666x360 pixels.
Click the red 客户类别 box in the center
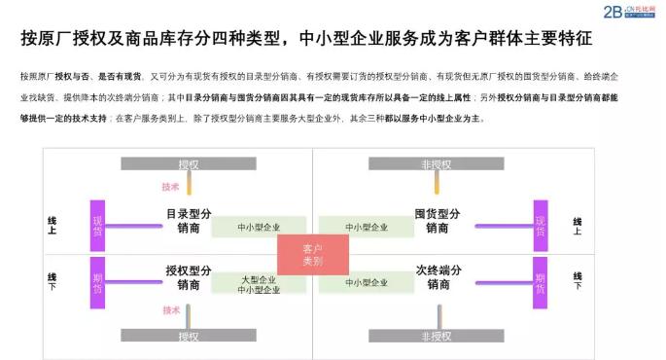(312, 255)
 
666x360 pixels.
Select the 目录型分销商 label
(189, 221)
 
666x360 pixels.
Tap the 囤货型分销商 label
(438, 221)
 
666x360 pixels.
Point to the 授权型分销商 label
(189, 277)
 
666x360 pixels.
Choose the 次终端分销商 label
(438, 277)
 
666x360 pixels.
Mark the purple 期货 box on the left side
(97, 276)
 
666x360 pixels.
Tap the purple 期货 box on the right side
(540, 276)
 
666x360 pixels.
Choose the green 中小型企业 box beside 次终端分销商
(367, 282)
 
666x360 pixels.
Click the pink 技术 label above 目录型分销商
(171, 186)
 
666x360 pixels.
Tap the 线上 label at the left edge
(53, 226)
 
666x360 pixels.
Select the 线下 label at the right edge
(578, 281)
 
